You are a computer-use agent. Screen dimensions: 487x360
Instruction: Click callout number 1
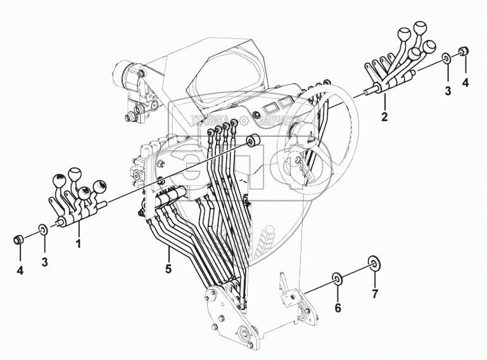[x=79, y=242]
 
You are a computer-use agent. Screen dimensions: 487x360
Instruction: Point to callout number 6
[x=338, y=308]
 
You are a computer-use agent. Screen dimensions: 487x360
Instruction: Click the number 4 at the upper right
[x=465, y=82]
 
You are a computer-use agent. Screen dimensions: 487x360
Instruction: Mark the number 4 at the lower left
[x=20, y=271]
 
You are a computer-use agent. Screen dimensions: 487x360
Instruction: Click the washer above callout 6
[x=338, y=278]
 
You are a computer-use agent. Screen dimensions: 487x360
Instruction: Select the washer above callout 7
[x=374, y=262]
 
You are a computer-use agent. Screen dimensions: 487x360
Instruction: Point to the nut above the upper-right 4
[x=464, y=50]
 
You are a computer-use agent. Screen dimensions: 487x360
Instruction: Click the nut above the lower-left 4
[x=19, y=240]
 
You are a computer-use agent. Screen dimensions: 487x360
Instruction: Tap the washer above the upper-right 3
[x=446, y=59]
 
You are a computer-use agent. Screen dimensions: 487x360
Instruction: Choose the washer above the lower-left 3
[x=42, y=229]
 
